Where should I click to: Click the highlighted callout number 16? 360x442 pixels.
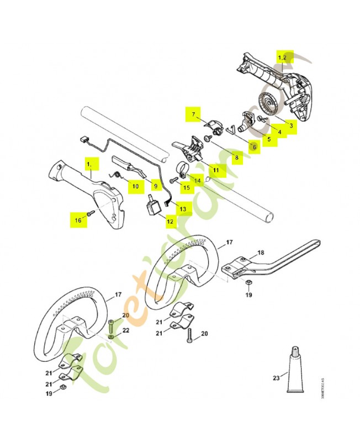78,220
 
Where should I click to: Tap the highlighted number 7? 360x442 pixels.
193,114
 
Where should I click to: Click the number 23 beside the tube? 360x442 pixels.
276,377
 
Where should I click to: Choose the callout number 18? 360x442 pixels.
261,252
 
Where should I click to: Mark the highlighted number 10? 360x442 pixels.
135,187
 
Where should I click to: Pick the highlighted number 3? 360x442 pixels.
290,126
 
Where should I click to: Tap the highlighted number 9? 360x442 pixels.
156,187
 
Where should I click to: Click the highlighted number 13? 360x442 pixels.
183,208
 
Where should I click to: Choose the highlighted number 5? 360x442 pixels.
268,139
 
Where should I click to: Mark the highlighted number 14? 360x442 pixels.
198,180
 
